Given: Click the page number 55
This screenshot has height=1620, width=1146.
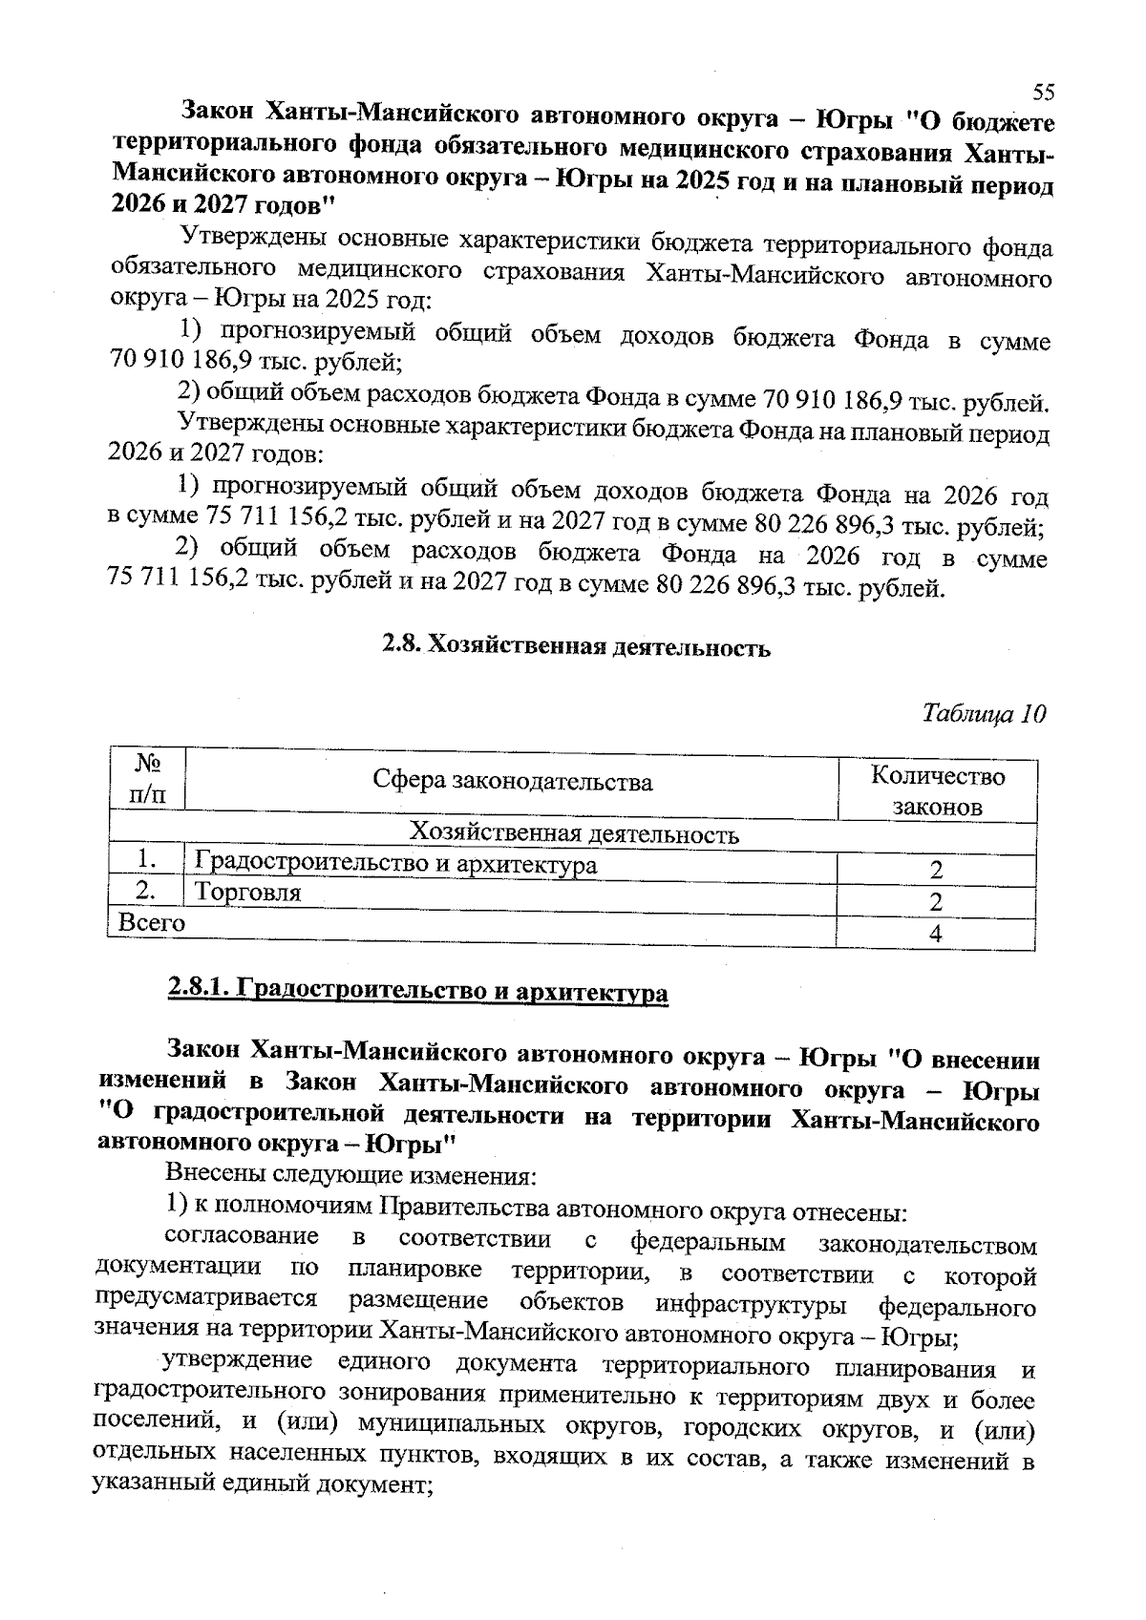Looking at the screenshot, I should point(1044,92).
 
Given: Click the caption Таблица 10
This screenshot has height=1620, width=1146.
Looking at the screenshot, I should point(984,713).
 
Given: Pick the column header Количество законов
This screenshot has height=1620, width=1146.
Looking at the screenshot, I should point(937,790).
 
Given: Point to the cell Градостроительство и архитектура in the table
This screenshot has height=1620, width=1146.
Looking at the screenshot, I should point(395,865).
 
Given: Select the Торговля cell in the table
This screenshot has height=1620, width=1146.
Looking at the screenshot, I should point(247,894).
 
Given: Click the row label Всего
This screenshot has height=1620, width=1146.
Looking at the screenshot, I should point(151,922).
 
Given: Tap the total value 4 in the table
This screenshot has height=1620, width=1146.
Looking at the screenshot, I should point(936,935).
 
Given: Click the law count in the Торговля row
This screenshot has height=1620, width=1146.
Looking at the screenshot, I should point(936,902).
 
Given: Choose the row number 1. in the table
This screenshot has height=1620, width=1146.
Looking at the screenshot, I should point(146,860).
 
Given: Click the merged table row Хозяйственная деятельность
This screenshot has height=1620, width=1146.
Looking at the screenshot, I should point(573,834).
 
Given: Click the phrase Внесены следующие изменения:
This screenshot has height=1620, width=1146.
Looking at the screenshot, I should point(351,1172).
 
